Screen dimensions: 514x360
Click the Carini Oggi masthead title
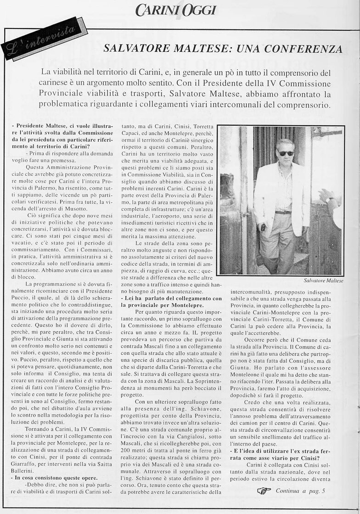[176, 10]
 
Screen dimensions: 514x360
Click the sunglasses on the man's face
[286, 153]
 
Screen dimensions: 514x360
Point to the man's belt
[283, 212]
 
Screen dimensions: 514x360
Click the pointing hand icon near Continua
[264, 491]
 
